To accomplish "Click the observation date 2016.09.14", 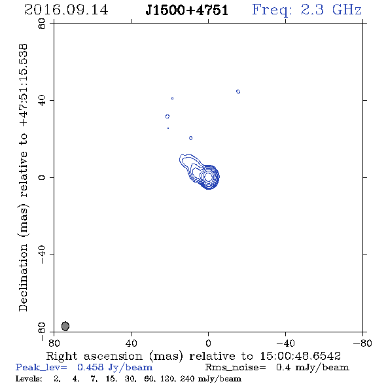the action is click(x=66, y=10).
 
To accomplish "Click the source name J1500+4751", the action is click(x=186, y=10).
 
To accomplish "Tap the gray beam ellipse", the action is click(x=65, y=326).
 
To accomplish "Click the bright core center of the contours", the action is click(x=208, y=177).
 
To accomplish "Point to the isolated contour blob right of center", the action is click(x=238, y=92).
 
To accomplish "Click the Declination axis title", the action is click(x=23, y=178).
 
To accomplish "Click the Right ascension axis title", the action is click(x=193, y=356).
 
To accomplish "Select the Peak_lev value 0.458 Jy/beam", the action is click(x=114, y=368).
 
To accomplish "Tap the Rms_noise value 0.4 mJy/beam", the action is click(x=313, y=368).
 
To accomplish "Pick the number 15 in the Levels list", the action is click(x=110, y=378).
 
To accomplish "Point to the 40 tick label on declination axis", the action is click(x=42, y=101).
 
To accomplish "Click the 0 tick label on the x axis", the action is click(x=208, y=343).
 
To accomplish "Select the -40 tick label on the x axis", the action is click(x=285, y=343).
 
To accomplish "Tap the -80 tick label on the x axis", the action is click(x=362, y=343).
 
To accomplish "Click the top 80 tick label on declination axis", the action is click(x=42, y=24).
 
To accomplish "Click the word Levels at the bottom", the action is click(x=29, y=378).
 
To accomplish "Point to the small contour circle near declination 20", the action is click(x=191, y=138).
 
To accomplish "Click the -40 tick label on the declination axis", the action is click(x=42, y=254).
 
